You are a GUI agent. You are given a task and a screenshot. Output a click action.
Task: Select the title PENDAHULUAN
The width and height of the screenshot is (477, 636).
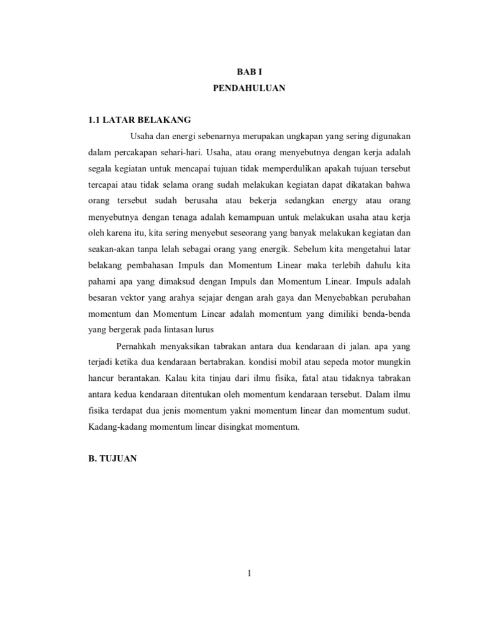click(x=248, y=88)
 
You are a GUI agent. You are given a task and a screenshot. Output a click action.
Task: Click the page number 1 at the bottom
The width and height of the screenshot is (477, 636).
click(x=248, y=574)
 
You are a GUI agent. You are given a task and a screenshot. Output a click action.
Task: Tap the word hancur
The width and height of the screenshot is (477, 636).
click(x=102, y=378)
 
